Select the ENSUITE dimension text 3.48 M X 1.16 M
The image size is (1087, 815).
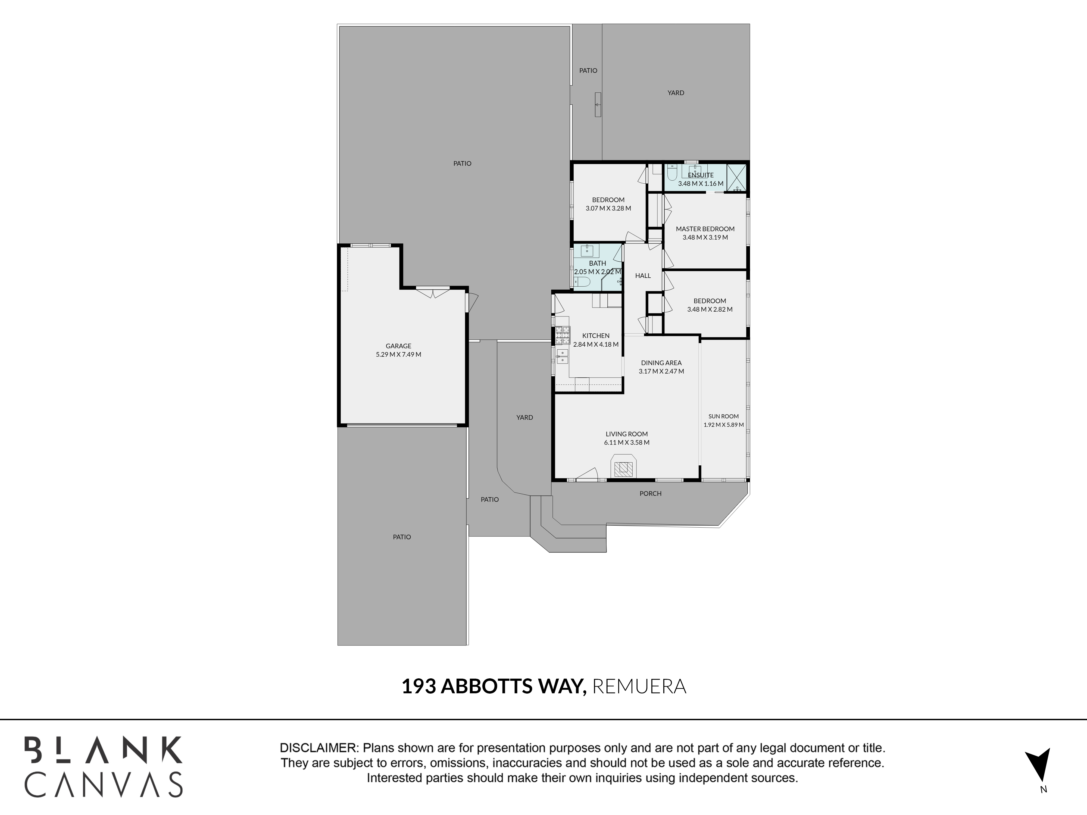point(701,184)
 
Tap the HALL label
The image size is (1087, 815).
point(643,275)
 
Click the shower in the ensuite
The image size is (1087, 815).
point(736,178)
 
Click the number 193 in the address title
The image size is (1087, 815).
point(419,686)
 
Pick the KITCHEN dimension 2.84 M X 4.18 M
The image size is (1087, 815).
point(596,345)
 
